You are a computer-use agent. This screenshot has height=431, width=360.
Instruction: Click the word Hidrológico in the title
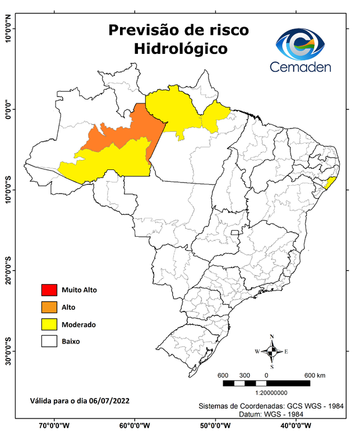coord(181,49)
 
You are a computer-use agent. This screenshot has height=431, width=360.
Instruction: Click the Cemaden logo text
coord(300,67)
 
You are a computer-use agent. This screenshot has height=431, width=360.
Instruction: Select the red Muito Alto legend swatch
coord(49,290)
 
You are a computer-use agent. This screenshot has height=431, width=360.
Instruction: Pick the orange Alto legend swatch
coord(49,307)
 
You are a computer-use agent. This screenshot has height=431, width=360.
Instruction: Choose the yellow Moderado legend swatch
coord(49,324)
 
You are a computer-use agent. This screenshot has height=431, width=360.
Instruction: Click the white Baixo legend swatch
coord(49,341)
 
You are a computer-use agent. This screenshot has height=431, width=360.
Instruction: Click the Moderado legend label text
coord(79,324)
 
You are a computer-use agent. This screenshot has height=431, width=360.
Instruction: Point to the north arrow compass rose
coord(271,351)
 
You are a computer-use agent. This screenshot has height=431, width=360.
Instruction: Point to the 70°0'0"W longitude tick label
coord(54,425)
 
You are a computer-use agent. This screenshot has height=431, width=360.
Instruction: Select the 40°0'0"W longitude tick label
coord(297,425)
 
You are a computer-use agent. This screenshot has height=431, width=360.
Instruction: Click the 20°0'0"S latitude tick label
coord(8,271)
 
